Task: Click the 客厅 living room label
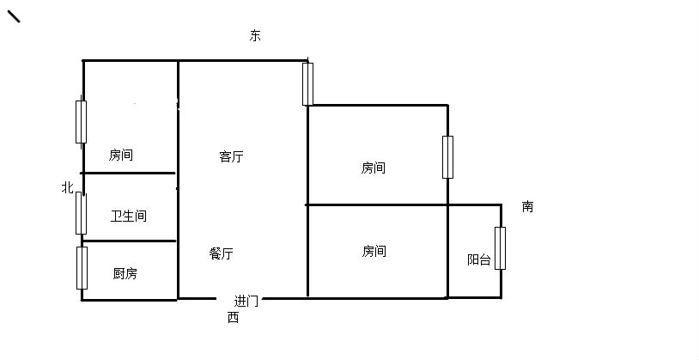pyautogui.click(x=231, y=156)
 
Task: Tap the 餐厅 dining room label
pyautogui.click(x=221, y=253)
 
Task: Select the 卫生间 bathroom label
pyautogui.click(x=129, y=217)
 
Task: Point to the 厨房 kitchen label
pyautogui.click(x=125, y=273)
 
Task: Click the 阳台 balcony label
pyautogui.click(x=479, y=259)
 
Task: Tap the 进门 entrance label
pyautogui.click(x=246, y=301)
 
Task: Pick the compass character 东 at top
pyautogui.click(x=255, y=36)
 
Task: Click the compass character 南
pyautogui.click(x=527, y=206)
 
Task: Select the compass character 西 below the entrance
pyautogui.click(x=234, y=318)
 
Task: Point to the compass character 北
pyautogui.click(x=67, y=187)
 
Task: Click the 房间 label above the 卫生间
pyautogui.click(x=121, y=155)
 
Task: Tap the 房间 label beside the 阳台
pyautogui.click(x=374, y=251)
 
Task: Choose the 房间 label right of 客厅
pyautogui.click(x=374, y=168)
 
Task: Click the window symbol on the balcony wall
pyautogui.click(x=500, y=248)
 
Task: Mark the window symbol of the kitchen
pyautogui.click(x=82, y=268)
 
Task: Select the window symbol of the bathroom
pyautogui.click(x=81, y=213)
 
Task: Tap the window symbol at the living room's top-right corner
pyautogui.click(x=307, y=84)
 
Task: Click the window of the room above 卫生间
pyautogui.click(x=81, y=122)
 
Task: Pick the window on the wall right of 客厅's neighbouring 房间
pyautogui.click(x=447, y=157)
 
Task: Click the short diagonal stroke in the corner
pyautogui.click(x=14, y=16)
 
